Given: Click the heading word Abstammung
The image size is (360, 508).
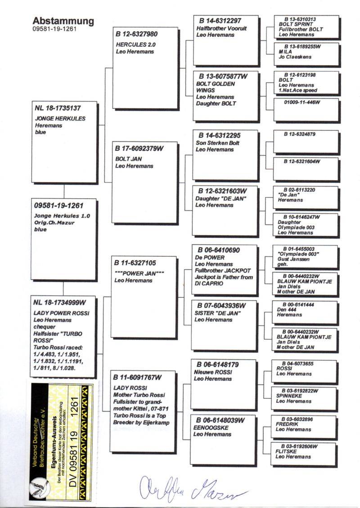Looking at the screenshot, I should [63, 21].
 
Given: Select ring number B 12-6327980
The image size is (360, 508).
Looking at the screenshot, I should [137, 34].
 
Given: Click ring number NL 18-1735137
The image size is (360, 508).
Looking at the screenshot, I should [58, 108].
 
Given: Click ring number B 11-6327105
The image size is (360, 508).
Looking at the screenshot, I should [135, 263].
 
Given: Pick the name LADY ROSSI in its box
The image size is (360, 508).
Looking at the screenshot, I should [129, 388].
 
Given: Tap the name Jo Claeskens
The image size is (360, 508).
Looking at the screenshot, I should [295, 57].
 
